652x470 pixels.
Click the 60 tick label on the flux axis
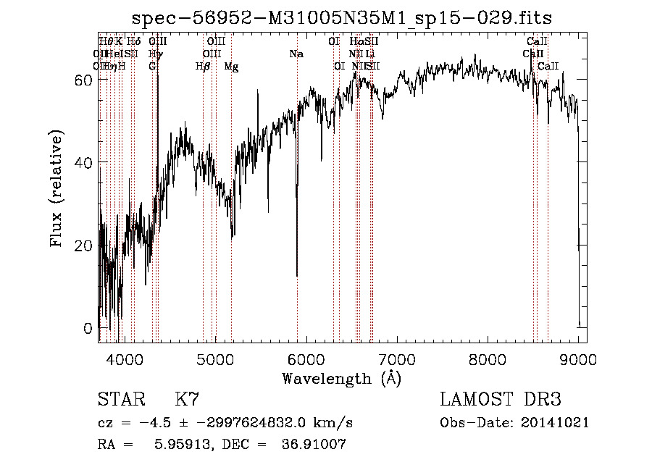(x=83, y=80)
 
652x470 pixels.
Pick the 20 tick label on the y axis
(x=83, y=246)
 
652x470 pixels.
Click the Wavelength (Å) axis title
(x=341, y=378)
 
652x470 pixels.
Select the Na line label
(x=296, y=54)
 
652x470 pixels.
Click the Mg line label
(x=231, y=67)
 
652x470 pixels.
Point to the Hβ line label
(x=203, y=67)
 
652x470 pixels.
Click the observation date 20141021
(x=559, y=423)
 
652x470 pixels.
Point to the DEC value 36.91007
(x=314, y=445)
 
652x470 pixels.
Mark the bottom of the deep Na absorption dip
(x=297, y=276)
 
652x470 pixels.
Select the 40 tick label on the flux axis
(x=83, y=162)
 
